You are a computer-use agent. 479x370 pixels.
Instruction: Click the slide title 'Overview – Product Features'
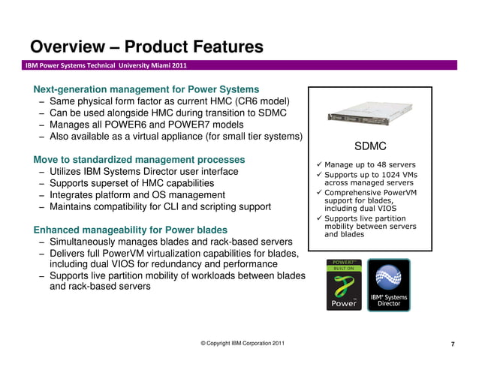(146, 47)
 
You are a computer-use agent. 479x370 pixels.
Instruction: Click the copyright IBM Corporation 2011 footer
(243, 343)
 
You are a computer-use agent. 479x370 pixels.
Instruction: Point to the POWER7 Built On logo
(341, 284)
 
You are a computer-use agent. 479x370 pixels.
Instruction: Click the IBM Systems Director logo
(388, 284)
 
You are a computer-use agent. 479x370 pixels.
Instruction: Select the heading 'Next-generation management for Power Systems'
(146, 89)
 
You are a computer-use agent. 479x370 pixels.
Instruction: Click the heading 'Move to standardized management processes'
(139, 160)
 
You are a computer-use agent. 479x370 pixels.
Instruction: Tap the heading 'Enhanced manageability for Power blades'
(131, 230)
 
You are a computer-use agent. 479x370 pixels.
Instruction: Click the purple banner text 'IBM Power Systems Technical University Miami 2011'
(106, 65)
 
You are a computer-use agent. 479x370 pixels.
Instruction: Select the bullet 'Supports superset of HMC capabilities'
(131, 183)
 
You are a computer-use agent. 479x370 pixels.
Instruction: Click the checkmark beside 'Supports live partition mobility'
(318, 219)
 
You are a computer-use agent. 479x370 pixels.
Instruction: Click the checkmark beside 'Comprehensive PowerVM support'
(318, 193)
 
